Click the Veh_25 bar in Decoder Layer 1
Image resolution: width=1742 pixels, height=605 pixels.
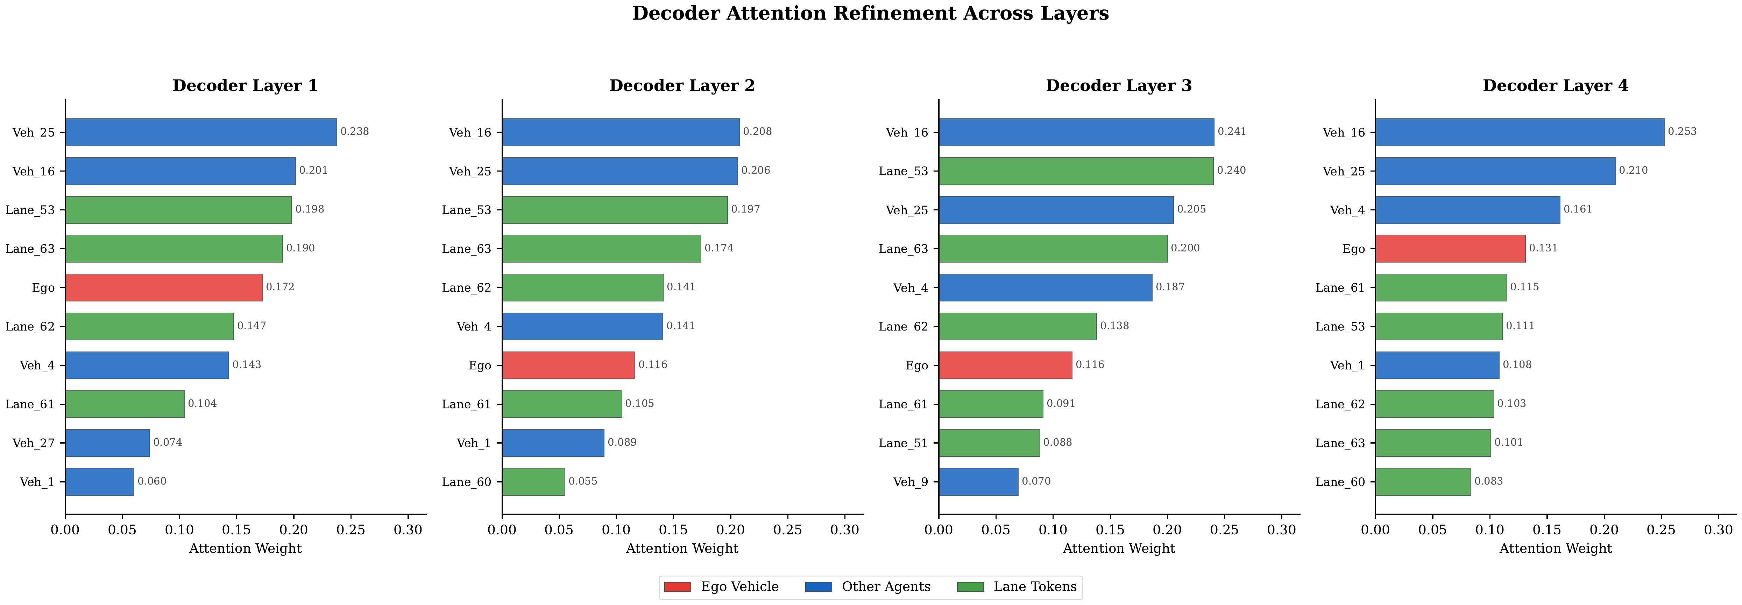pyautogui.click(x=201, y=132)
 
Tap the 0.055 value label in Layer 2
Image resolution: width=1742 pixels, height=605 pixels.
pyautogui.click(x=582, y=481)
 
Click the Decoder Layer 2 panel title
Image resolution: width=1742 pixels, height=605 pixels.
pyautogui.click(x=682, y=86)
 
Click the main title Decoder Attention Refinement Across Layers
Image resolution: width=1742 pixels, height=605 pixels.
pyautogui.click(x=870, y=14)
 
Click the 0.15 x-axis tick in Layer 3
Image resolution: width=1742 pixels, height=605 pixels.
pyautogui.click(x=1110, y=530)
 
